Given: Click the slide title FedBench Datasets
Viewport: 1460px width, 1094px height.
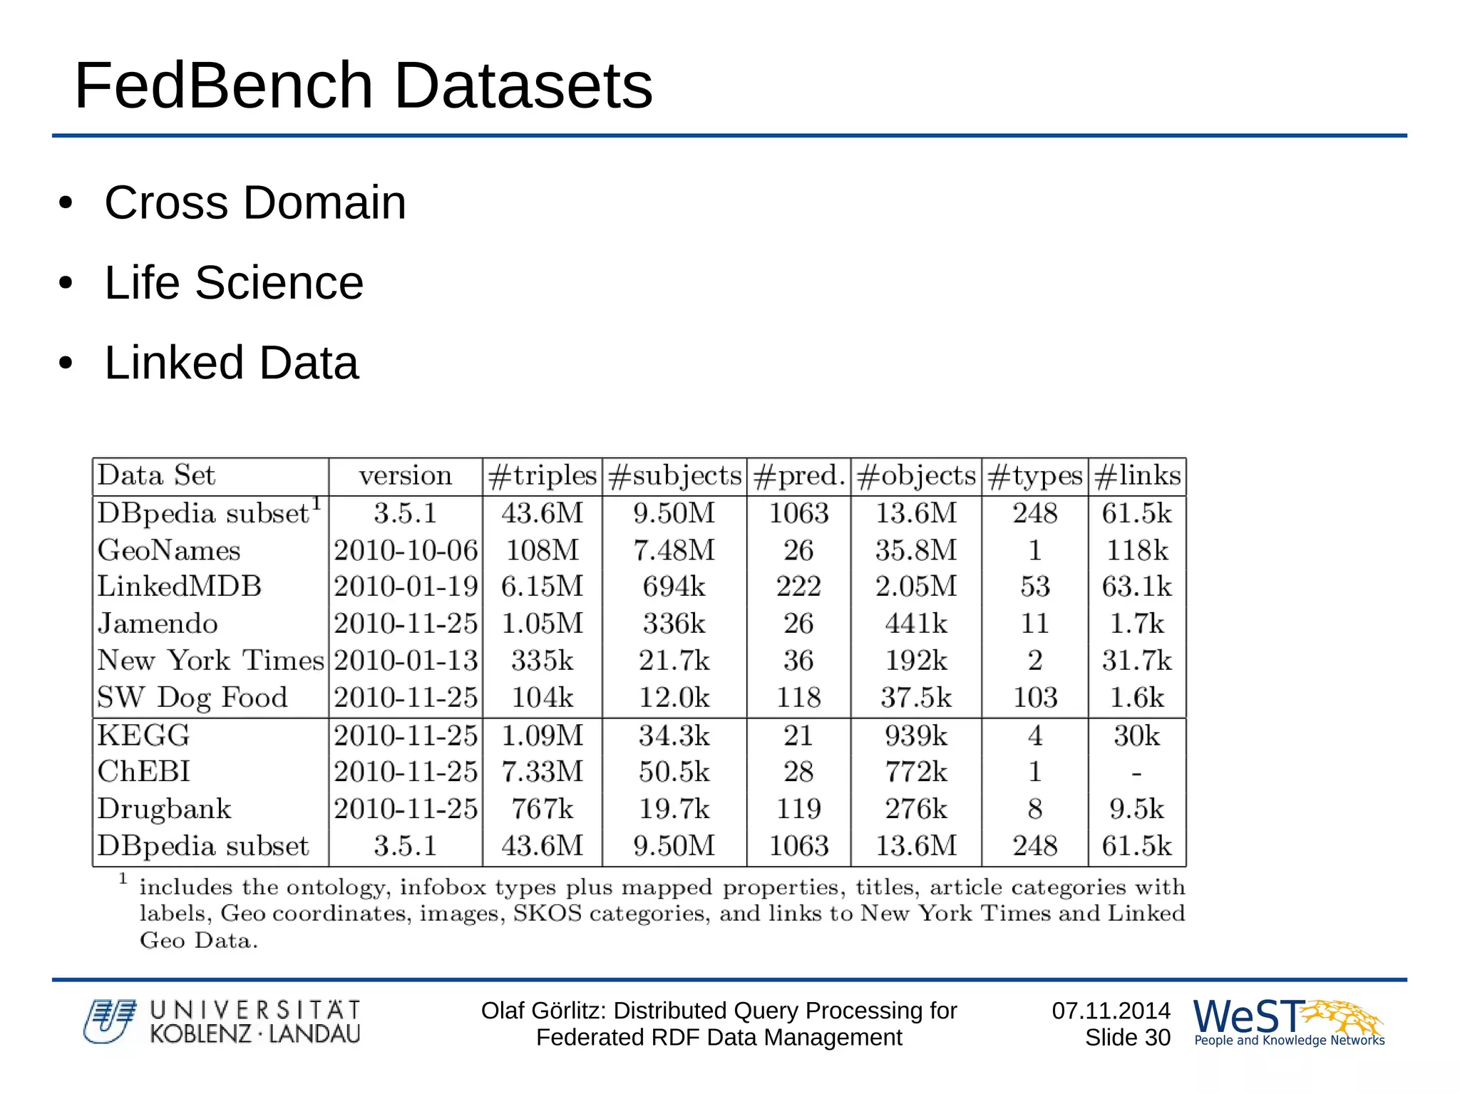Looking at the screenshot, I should click(x=364, y=86).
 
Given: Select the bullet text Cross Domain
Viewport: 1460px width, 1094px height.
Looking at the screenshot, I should click(x=255, y=202).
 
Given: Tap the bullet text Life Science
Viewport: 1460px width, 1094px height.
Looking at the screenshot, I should click(x=234, y=283).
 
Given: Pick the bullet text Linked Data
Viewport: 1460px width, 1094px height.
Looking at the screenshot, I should click(x=232, y=363).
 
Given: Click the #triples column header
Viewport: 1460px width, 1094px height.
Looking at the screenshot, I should click(x=542, y=476).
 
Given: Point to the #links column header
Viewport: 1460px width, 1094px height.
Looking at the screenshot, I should click(x=1137, y=476).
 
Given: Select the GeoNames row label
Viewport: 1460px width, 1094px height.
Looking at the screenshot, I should click(x=169, y=550).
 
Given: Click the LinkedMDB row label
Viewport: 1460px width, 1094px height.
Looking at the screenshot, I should click(x=180, y=587).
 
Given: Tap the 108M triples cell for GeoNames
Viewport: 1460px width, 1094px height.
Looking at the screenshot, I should click(x=542, y=550).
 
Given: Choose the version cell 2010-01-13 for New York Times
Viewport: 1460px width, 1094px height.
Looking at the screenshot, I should click(x=406, y=661).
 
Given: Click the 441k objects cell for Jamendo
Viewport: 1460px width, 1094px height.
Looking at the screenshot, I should click(x=916, y=624).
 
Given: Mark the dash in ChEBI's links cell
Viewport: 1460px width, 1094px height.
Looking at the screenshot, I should click(x=1136, y=773).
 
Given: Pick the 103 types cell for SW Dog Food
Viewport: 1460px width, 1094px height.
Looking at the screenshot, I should click(x=1035, y=698).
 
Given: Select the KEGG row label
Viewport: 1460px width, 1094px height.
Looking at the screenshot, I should click(x=144, y=736).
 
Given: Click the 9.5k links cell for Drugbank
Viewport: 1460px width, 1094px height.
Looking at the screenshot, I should click(x=1136, y=809).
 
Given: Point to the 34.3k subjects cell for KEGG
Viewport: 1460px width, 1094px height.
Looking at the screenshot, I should click(x=674, y=736).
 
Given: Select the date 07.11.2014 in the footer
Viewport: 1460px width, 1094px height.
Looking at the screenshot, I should click(x=1111, y=1011).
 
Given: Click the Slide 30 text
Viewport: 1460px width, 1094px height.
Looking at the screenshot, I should click(x=1127, y=1038).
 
